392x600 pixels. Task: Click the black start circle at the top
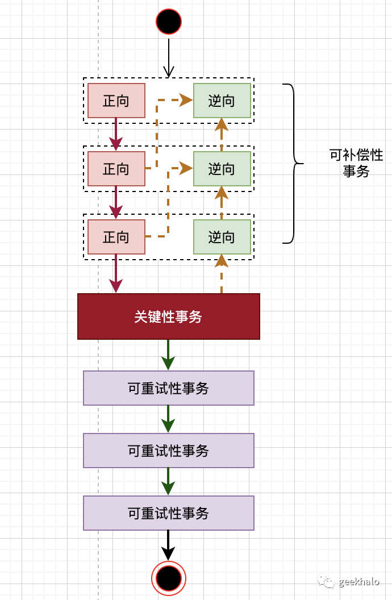point(169,22)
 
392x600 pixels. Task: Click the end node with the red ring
point(169,578)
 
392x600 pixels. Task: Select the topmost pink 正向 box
point(116,101)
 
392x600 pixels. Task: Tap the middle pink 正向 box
point(116,169)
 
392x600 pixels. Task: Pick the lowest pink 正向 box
point(116,237)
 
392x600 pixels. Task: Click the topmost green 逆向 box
point(222,101)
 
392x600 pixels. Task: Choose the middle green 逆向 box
point(222,169)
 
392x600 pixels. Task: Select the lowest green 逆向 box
point(222,237)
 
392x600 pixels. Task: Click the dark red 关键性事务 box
point(169,316)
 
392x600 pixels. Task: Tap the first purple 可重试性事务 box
point(169,388)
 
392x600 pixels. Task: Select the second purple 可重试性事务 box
point(169,451)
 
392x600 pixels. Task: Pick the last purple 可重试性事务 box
point(169,513)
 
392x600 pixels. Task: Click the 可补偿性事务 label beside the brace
point(356,163)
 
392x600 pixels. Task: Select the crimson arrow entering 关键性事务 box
point(116,276)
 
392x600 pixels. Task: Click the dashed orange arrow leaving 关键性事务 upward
point(222,276)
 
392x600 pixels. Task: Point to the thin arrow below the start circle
point(168,57)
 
